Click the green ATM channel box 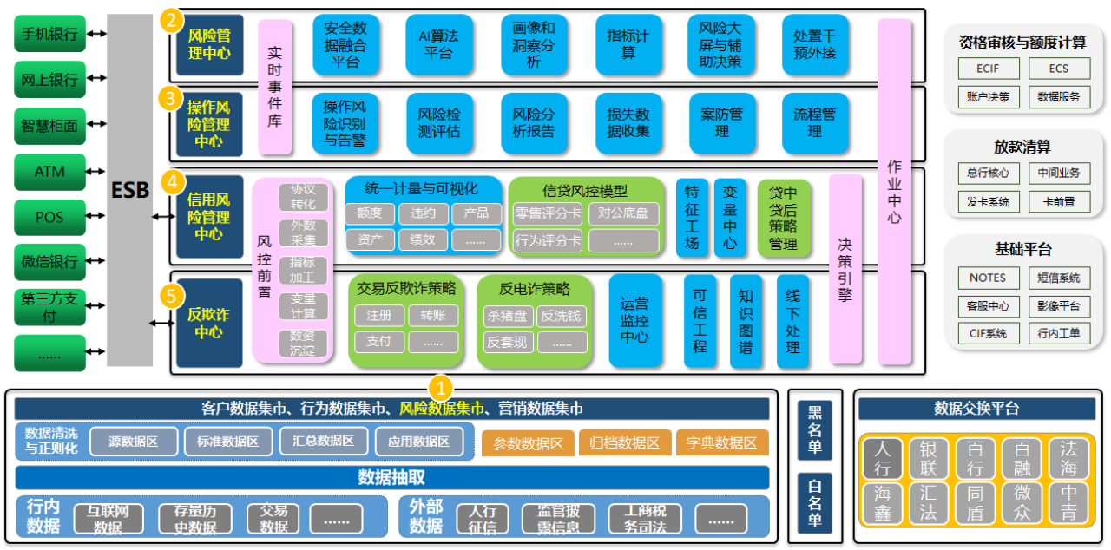click(x=49, y=172)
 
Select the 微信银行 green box click(x=49, y=262)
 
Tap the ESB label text click(x=130, y=190)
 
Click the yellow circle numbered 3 click(x=170, y=98)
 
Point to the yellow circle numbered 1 click(x=440, y=388)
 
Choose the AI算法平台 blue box click(x=439, y=44)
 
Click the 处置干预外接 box click(x=815, y=44)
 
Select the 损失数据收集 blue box click(x=628, y=123)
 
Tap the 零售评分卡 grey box click(x=548, y=213)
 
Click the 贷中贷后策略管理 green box click(x=783, y=219)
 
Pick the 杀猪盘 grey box click(x=508, y=316)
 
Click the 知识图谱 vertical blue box click(x=746, y=322)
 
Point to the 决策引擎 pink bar click(x=845, y=269)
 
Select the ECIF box click(x=989, y=69)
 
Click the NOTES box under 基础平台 click(x=989, y=278)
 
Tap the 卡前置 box click(x=1059, y=201)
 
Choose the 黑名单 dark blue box click(x=814, y=430)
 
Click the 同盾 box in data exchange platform click(x=975, y=503)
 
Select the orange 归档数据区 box click(x=624, y=442)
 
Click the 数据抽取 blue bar click(x=391, y=477)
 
